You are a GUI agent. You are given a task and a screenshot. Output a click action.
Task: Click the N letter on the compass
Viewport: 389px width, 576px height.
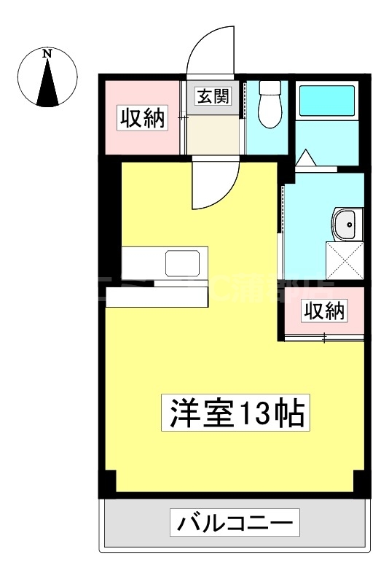[47, 52]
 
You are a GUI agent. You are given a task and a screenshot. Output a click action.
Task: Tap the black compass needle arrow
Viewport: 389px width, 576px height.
[48, 80]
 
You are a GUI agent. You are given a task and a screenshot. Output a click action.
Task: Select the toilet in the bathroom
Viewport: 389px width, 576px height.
[270, 106]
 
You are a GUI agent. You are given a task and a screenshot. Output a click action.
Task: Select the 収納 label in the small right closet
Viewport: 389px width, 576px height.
[323, 311]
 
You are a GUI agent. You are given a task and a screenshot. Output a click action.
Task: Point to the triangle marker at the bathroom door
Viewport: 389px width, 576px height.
[304, 157]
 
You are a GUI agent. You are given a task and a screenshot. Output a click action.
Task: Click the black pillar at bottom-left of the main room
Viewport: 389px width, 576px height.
[107, 482]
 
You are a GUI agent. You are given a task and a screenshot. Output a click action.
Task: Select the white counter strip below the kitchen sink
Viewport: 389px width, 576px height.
[157, 296]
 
